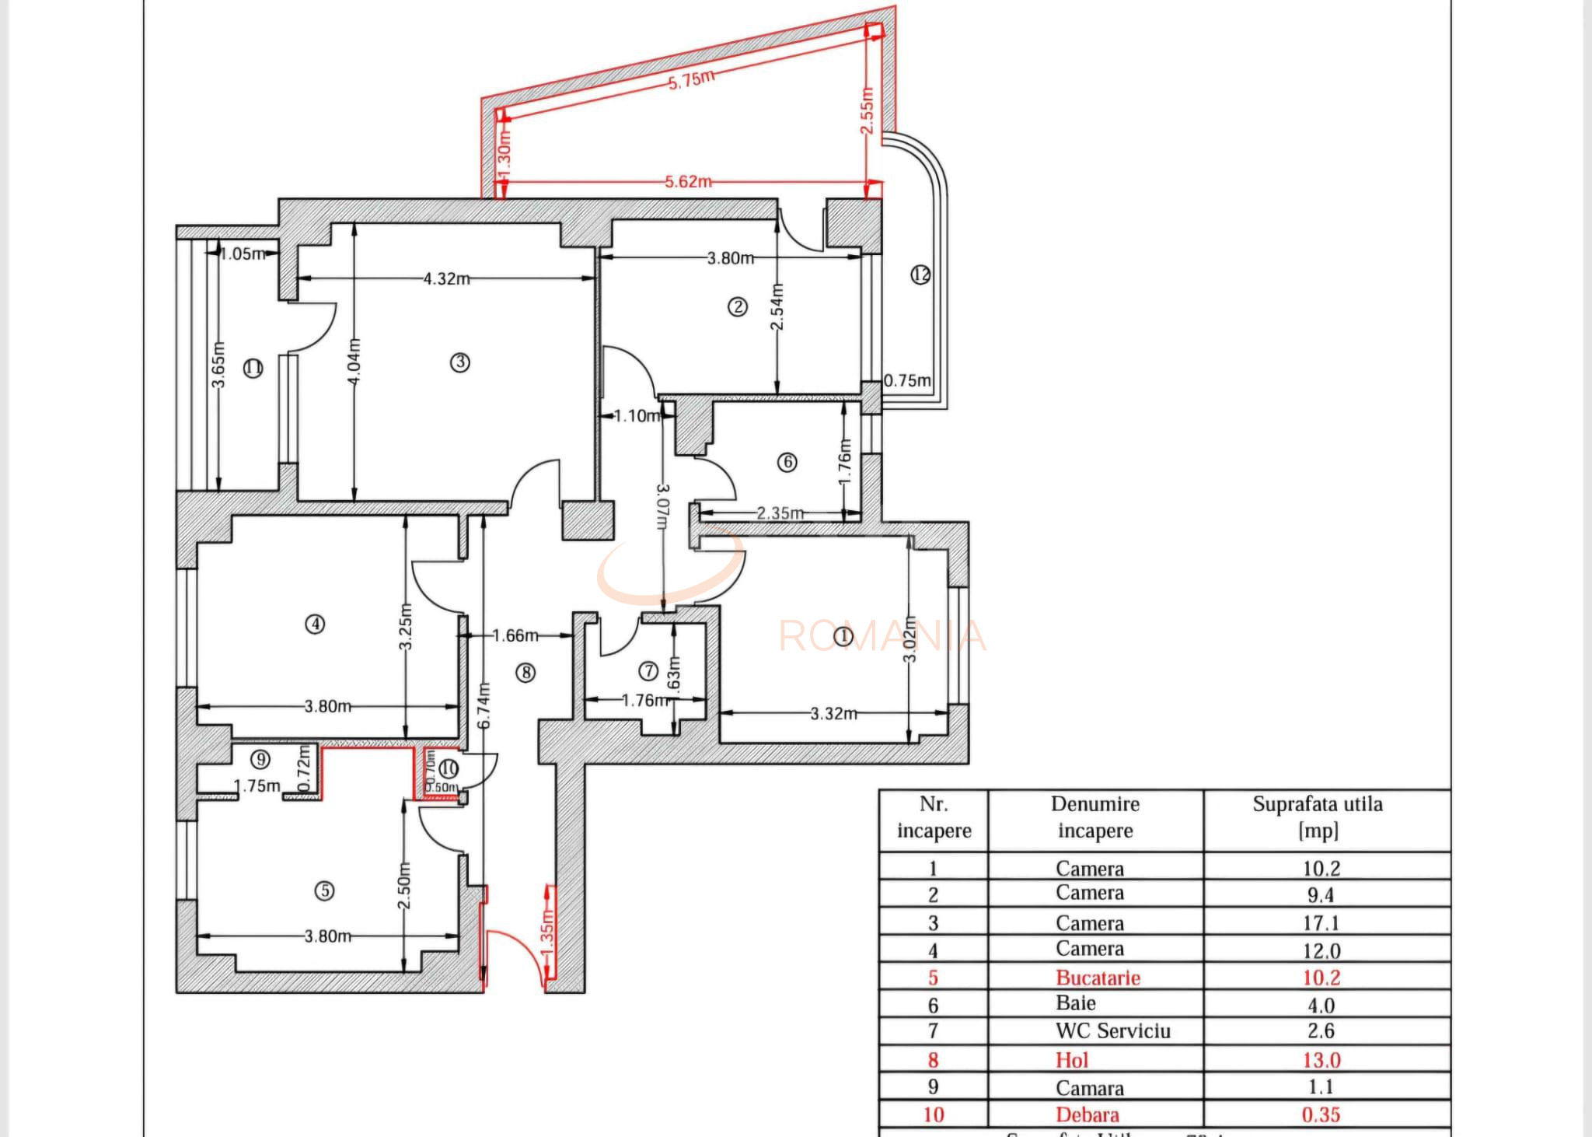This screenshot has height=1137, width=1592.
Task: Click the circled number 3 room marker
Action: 460,362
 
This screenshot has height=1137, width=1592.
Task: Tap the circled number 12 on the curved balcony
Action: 920,275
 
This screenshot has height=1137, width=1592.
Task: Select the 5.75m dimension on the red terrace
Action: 691,79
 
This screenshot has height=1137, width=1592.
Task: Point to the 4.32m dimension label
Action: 446,278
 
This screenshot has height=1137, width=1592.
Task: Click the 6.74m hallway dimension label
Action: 484,706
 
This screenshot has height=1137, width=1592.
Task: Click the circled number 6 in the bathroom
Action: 787,462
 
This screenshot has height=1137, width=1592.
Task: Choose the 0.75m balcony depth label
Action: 907,380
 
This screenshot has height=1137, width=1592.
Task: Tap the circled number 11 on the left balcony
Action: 253,368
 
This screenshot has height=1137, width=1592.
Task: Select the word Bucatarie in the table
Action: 1098,978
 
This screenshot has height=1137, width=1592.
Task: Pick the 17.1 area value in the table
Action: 1321,923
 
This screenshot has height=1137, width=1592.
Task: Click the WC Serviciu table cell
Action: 1112,1030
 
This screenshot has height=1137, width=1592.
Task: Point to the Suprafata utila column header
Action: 1318,817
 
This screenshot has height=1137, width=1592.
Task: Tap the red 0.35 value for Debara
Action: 1321,1114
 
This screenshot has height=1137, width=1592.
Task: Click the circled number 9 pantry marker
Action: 260,760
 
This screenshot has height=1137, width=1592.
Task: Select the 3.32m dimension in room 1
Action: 833,713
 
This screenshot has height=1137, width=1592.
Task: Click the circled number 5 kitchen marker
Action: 325,891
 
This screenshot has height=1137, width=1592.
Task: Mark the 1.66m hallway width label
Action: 515,635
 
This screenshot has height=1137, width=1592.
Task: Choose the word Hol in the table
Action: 1071,1060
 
